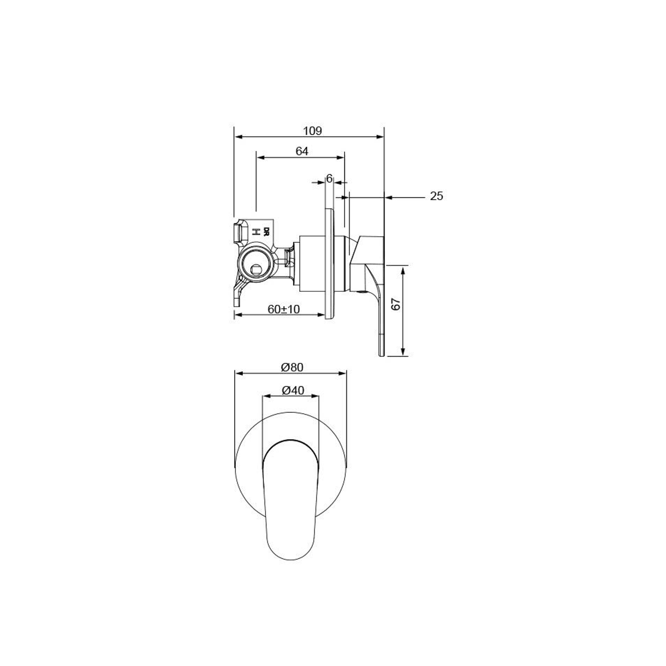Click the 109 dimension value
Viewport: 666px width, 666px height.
[312, 131]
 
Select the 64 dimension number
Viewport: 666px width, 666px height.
[302, 151]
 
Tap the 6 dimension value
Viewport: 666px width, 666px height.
[329, 179]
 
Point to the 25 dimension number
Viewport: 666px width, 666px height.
[436, 196]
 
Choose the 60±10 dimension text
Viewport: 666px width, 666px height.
[284, 309]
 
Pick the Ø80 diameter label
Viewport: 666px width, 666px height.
[292, 367]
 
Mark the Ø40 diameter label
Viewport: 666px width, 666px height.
[293, 391]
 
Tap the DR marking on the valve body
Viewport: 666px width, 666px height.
[267, 231]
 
